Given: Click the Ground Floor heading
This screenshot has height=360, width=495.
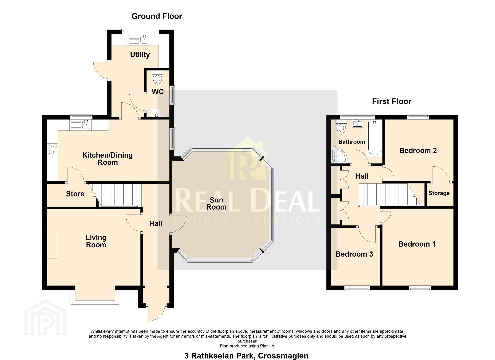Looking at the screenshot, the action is coord(157,16).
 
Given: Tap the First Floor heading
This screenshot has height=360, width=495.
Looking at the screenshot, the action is coord(392,101).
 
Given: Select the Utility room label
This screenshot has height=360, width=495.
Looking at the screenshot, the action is coord(140,55).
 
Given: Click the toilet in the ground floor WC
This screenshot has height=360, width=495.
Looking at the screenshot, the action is coord(157,77).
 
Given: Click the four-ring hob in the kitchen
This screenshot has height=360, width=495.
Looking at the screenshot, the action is coord(52,149).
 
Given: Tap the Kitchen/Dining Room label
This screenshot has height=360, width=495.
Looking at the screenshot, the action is coord(107,159).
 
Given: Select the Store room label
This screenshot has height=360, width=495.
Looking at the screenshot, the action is coord(75,194).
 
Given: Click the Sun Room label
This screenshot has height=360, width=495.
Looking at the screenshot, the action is coord(216,204).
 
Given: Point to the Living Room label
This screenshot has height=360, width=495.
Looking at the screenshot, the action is coord(96,241).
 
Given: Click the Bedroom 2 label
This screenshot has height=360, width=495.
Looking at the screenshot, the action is coord(418,150).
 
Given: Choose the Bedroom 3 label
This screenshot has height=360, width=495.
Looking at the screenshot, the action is coord(354,254).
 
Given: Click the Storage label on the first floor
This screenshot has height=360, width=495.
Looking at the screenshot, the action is coord(439,193).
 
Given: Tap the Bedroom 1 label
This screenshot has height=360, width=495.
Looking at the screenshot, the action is coord(417,244).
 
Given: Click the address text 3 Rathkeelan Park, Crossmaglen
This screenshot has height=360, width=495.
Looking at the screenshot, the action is coord(246,356).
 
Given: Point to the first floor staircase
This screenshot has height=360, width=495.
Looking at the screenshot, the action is coord(389,194).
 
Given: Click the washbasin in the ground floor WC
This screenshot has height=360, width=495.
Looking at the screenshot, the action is coord(156,113).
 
